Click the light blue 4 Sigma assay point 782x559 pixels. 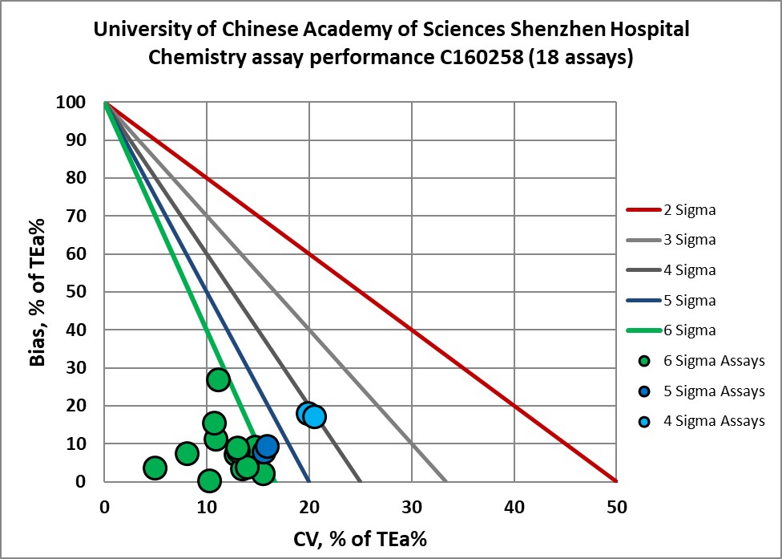click(x=315, y=416)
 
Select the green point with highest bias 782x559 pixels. click(x=218, y=379)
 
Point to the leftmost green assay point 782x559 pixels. click(x=155, y=468)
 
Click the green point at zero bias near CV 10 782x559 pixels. click(x=209, y=481)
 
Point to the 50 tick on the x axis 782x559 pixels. click(x=616, y=508)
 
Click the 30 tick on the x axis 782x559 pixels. click(x=412, y=508)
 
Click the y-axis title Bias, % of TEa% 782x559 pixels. click(x=37, y=293)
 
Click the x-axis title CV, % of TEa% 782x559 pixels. click(x=361, y=538)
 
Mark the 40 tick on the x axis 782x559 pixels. click(x=514, y=508)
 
